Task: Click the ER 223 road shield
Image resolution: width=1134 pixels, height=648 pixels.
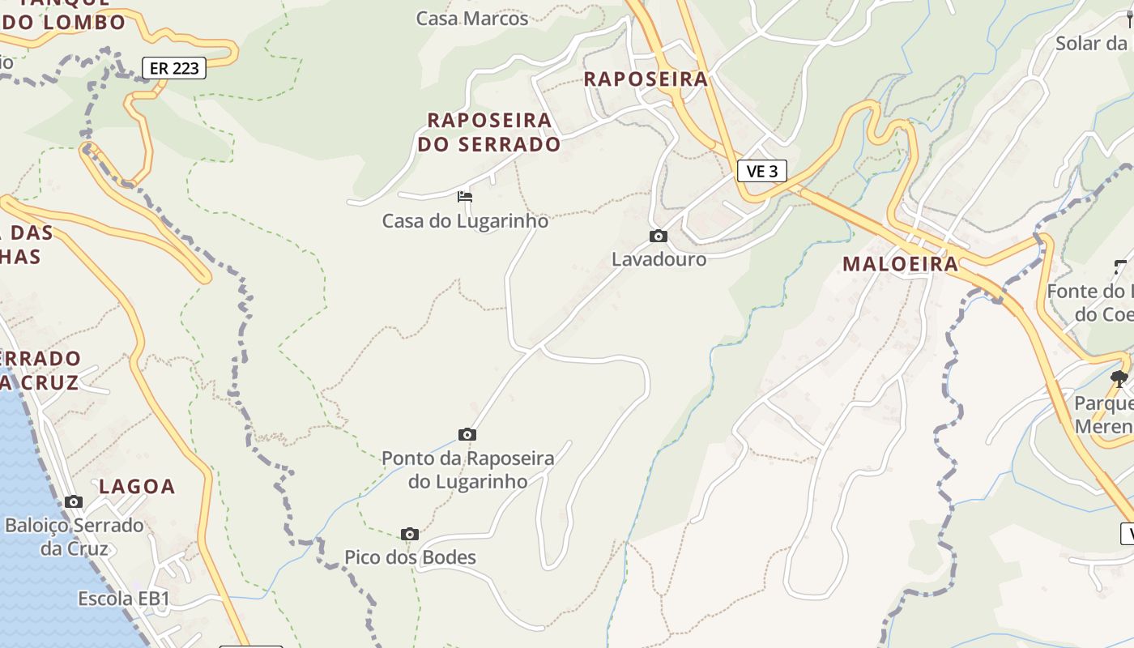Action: (x=174, y=68)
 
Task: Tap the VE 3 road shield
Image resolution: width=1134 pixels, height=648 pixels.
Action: (x=762, y=171)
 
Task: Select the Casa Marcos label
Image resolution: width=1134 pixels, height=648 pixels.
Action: (x=471, y=18)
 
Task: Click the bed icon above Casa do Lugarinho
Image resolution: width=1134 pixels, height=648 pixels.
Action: (x=465, y=196)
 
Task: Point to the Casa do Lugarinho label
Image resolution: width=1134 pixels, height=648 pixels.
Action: (x=465, y=220)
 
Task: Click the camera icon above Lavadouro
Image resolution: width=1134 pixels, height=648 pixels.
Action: (x=659, y=236)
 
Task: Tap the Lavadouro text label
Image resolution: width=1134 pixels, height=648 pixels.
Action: (x=659, y=259)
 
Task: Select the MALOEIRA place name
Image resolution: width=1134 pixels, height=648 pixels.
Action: (x=900, y=264)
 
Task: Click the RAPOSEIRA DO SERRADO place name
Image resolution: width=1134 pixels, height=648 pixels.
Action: (x=488, y=132)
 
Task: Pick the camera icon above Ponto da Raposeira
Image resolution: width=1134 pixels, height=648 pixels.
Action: (x=467, y=434)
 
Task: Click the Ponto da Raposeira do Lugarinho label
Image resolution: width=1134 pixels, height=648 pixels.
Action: (x=467, y=470)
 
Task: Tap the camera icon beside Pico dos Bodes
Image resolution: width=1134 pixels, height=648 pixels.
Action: (x=410, y=534)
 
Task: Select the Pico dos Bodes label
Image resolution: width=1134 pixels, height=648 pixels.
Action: (x=410, y=557)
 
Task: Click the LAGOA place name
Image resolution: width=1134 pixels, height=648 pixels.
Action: (x=137, y=487)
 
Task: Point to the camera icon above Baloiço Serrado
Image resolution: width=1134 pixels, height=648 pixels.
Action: (x=74, y=501)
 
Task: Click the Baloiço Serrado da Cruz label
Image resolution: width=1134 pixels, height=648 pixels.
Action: (x=74, y=536)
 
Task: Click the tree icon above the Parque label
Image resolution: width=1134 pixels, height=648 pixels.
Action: (x=1119, y=378)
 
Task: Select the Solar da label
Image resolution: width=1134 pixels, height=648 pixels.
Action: (x=1090, y=43)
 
